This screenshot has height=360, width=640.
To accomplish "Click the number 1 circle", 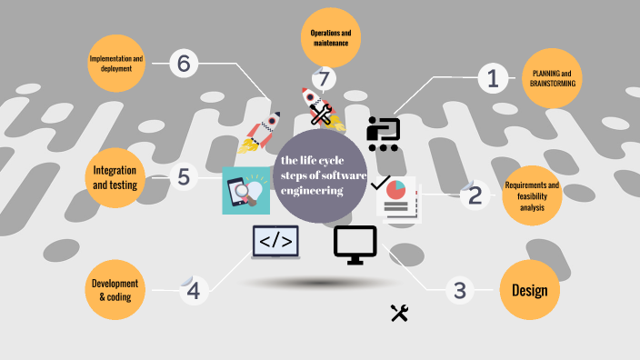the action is click(x=493, y=79).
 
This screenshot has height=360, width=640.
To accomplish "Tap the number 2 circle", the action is click(x=474, y=195).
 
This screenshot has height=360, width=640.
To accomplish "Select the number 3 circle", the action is click(x=460, y=291).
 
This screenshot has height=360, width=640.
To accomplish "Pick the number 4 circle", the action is click(x=194, y=291).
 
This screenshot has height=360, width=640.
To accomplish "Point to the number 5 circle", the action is click(x=184, y=175).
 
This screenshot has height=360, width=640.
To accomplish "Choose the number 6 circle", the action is click(x=184, y=63).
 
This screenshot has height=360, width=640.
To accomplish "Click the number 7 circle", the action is click(x=324, y=80).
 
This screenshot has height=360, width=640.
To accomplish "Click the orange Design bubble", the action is click(x=529, y=291).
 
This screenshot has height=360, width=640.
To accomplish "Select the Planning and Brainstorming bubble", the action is click(x=553, y=78).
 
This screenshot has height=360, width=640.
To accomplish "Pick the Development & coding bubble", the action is click(x=115, y=290).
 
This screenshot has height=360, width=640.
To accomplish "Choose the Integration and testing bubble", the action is click(x=115, y=176).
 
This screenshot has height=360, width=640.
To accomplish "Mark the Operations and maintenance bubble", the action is click(x=330, y=37).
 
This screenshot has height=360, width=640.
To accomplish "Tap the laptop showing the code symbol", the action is click(x=275, y=242).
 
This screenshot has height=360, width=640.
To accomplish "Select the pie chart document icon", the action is click(x=397, y=199).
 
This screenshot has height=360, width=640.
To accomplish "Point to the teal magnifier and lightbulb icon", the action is click(x=245, y=191).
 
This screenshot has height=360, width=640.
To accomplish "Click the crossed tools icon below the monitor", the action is click(x=399, y=313).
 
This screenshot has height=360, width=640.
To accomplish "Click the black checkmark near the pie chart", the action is click(x=380, y=182).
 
